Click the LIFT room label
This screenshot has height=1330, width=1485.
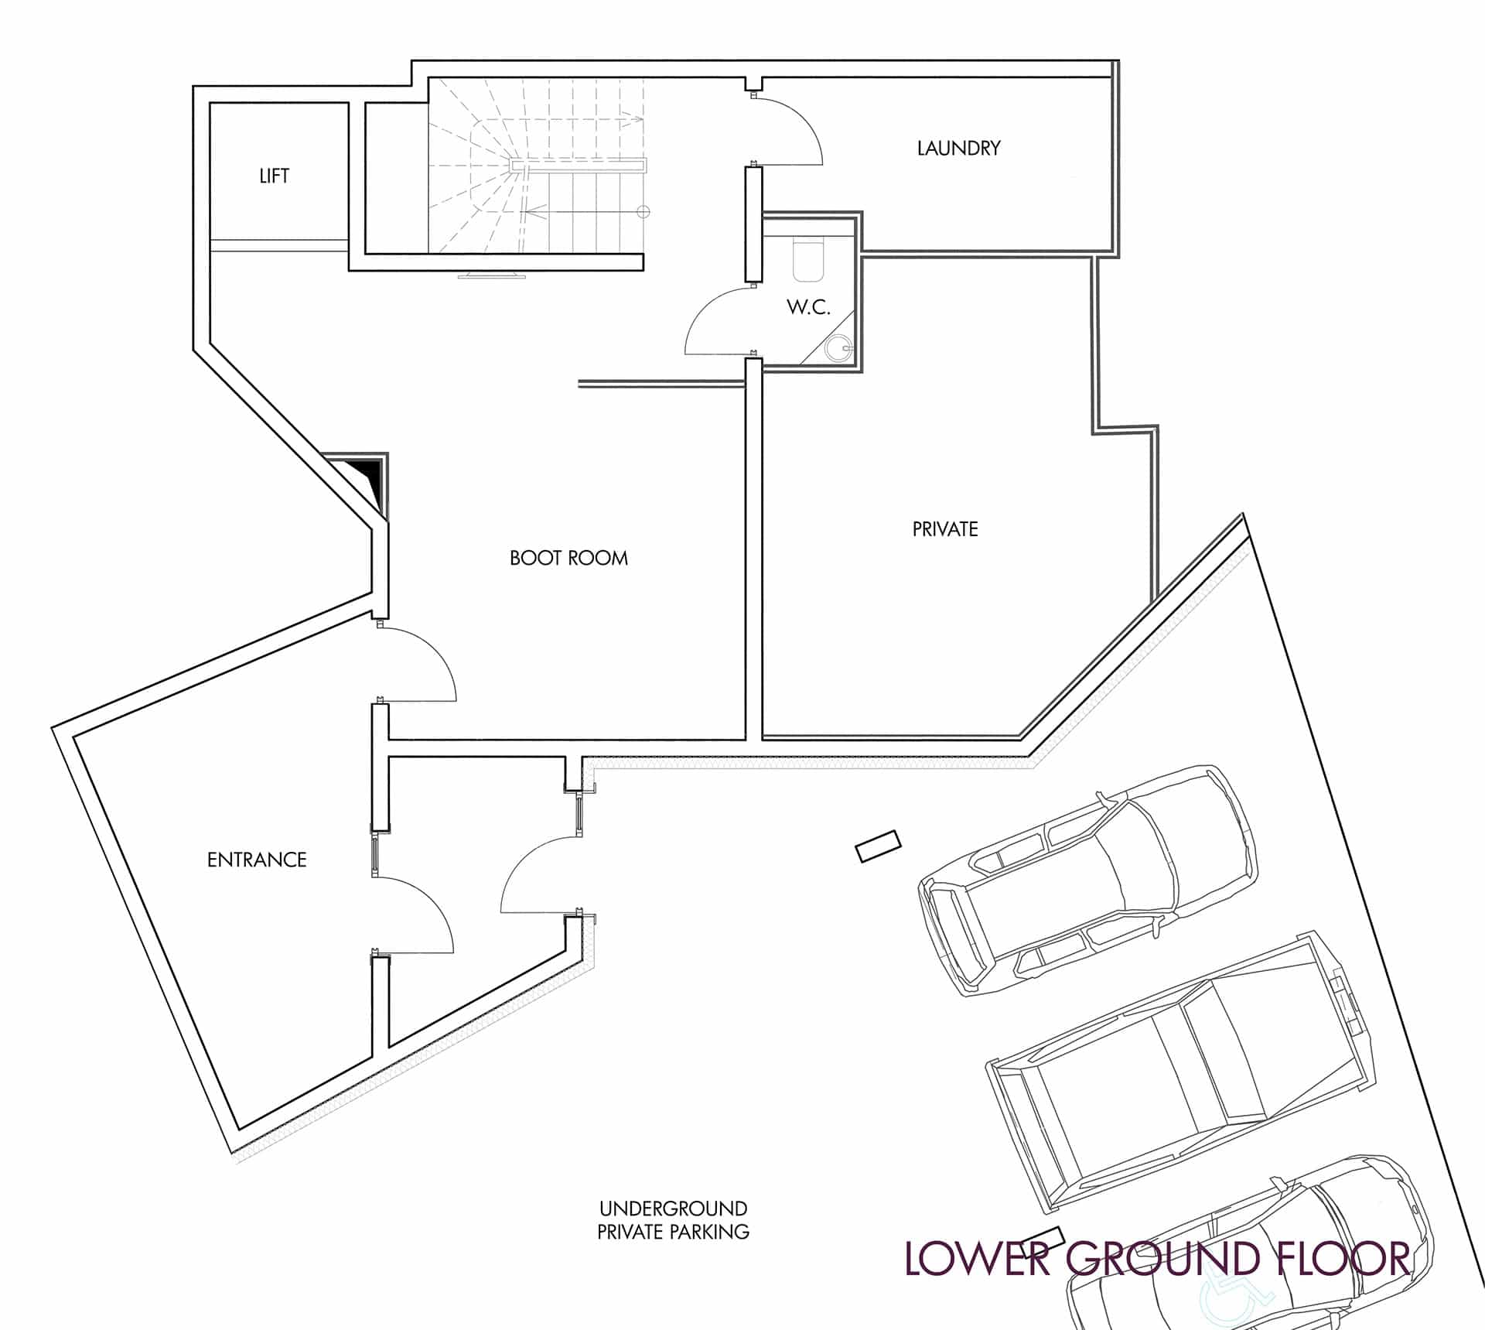tap(274, 176)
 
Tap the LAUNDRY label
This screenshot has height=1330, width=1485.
tap(958, 148)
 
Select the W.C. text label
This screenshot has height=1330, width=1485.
tap(808, 307)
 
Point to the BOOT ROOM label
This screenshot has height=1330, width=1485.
tap(568, 558)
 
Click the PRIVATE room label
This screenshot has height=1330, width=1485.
tap(945, 529)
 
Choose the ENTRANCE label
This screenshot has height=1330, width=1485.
tap(257, 860)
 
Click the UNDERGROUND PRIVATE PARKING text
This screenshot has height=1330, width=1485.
tap(673, 1220)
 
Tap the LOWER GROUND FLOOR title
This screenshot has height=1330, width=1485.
tap(1157, 1259)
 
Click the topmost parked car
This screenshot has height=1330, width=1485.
tap(1087, 880)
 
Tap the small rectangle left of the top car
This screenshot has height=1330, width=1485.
tap(878, 846)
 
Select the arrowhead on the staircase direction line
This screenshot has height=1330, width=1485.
tap(531, 210)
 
